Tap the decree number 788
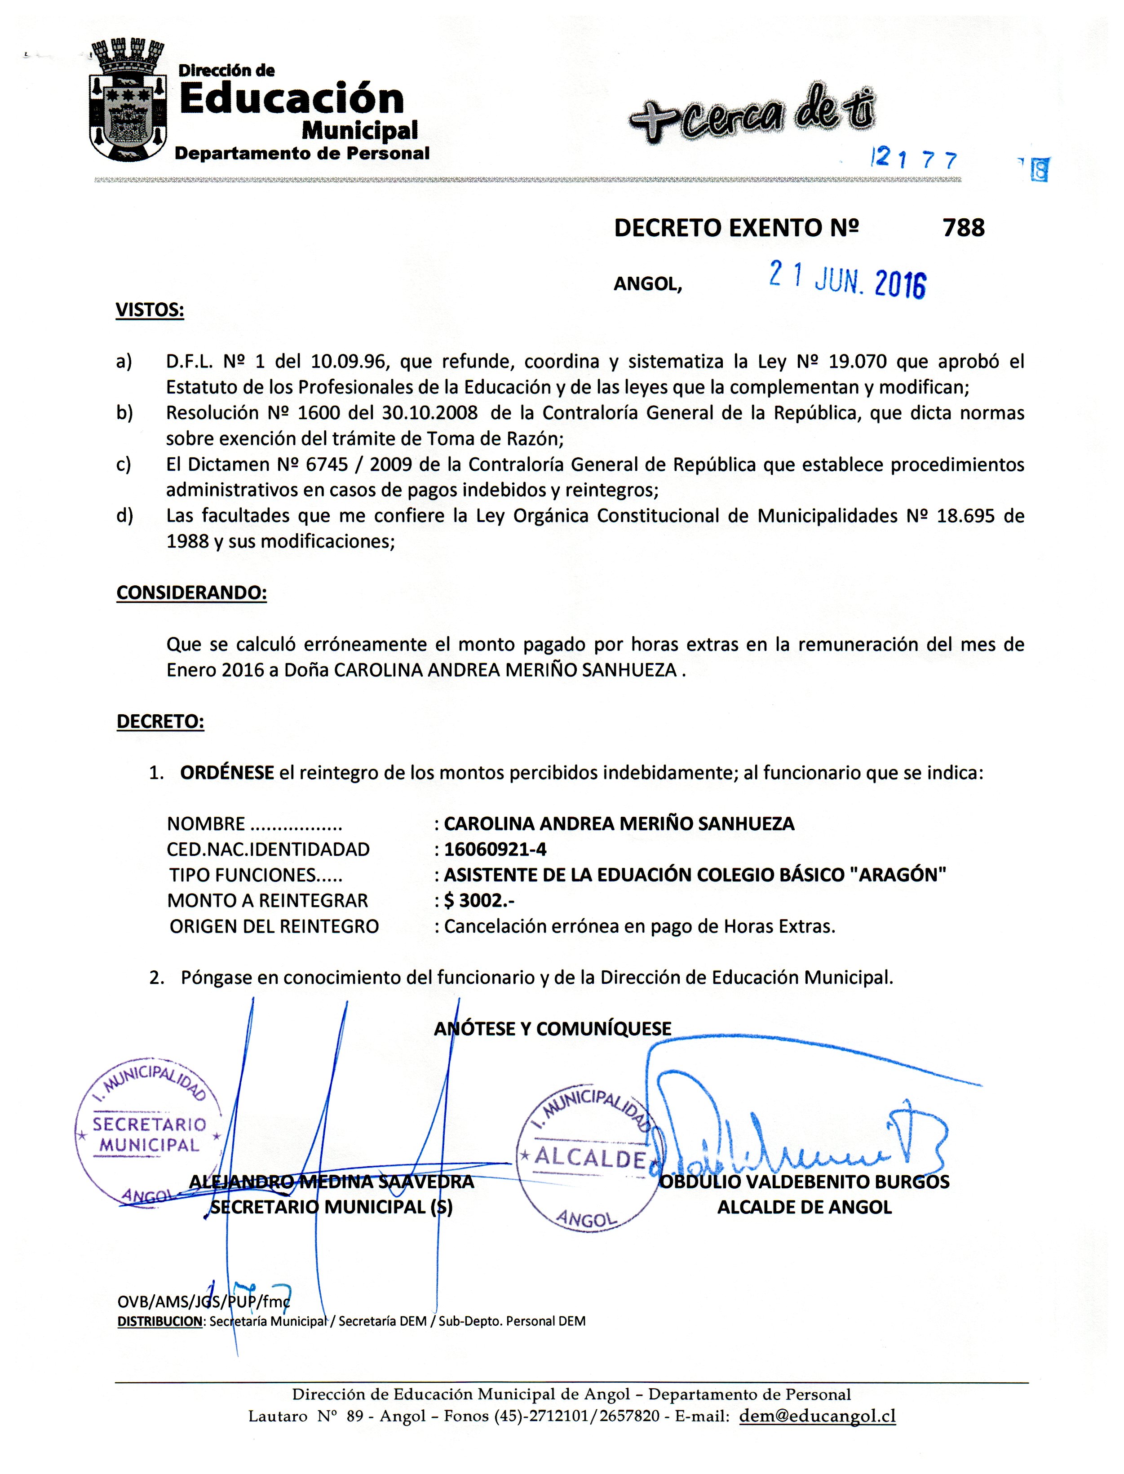pos(964,229)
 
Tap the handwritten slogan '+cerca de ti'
pos(752,114)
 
